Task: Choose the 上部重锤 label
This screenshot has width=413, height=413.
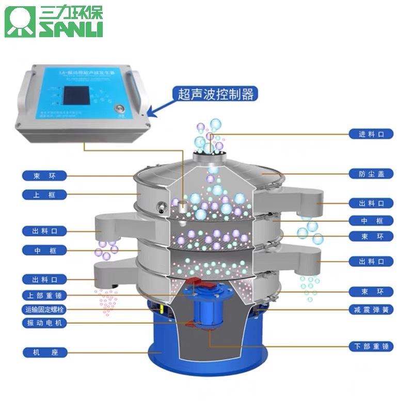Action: pos(45,295)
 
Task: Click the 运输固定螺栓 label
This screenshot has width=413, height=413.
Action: pos(45,310)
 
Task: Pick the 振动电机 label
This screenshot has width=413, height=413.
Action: pos(45,323)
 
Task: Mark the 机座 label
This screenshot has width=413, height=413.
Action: pos(45,353)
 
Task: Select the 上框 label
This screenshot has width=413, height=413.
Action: pos(45,195)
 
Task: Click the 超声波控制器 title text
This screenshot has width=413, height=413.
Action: pos(215,94)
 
